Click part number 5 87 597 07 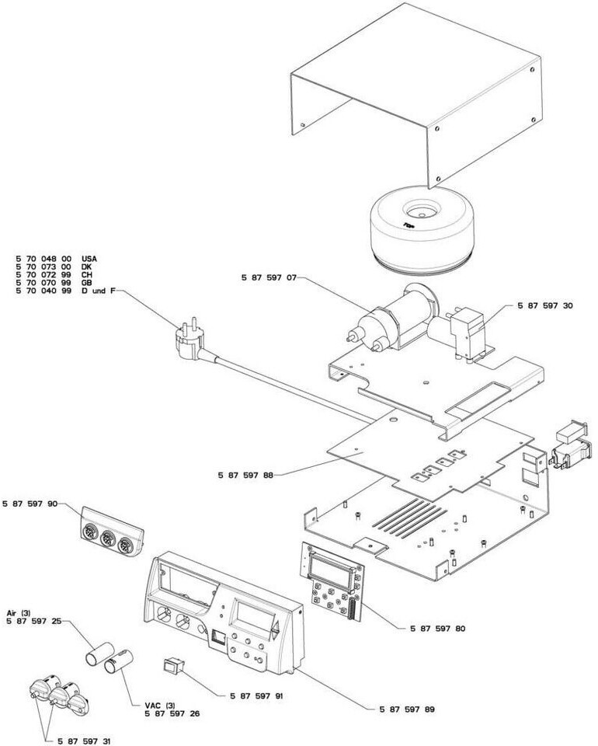pos(269,277)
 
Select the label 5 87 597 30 pos(545,305)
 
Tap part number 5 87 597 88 pos(245,475)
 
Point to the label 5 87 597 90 pos(30,504)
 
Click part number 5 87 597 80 pos(438,629)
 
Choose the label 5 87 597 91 pos(257,695)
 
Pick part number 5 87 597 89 pos(407,709)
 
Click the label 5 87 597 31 pos(84,741)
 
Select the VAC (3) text pos(160,705)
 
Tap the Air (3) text pos(19,613)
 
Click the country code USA pos(89,259)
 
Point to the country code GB pos(86,283)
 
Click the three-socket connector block pos(112,531)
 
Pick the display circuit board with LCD pos(332,582)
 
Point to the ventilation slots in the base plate pos(410,518)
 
